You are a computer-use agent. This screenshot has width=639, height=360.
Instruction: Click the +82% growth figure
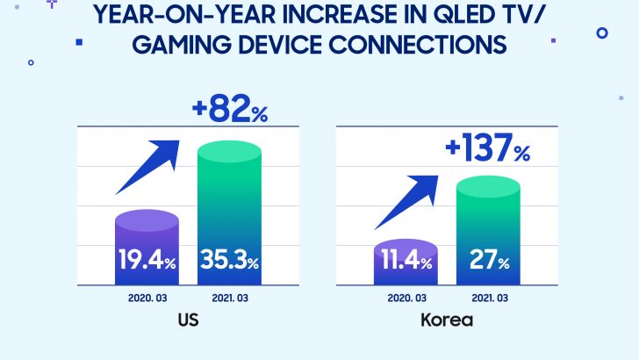point(230,112)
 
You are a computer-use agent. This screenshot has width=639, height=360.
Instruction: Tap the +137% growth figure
point(488,149)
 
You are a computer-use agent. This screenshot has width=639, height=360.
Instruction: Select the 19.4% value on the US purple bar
point(147,261)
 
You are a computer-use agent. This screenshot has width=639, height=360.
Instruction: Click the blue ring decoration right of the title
point(602,32)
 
